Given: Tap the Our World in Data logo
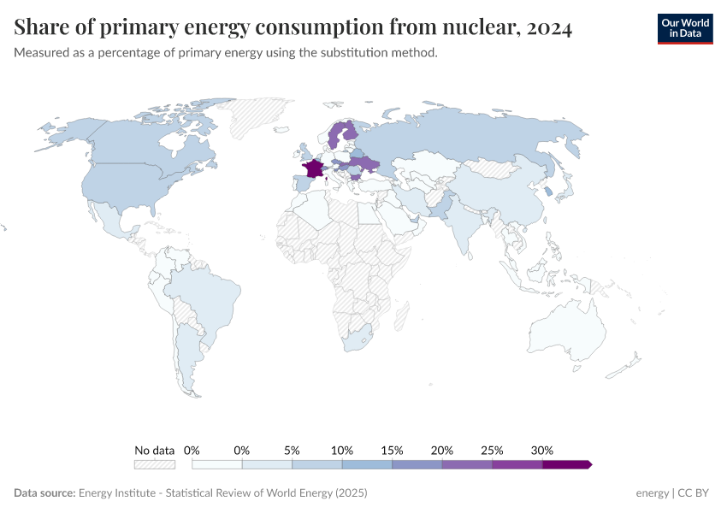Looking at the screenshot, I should click(684, 28).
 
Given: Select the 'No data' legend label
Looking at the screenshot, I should click(154, 450).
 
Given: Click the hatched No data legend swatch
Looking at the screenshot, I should click(154, 464).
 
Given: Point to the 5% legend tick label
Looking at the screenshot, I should click(292, 450).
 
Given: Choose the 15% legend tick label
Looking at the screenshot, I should click(392, 450).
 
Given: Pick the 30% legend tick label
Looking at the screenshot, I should click(542, 450).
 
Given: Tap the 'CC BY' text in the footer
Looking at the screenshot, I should click(695, 493).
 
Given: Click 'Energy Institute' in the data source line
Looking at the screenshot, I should click(119, 493).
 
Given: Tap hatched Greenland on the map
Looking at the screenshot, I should click(261, 115).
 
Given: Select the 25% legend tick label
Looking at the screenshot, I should click(492, 450).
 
